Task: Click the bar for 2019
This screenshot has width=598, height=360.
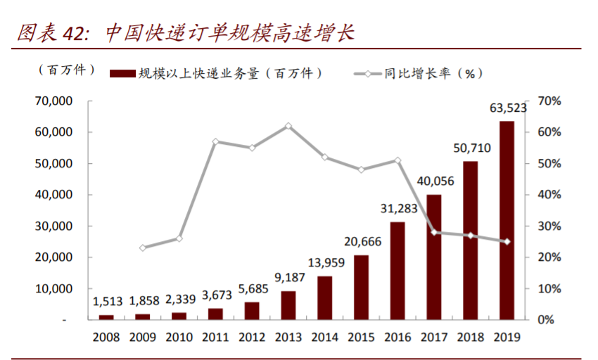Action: (507, 220)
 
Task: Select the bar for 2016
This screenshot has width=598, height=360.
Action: (397, 271)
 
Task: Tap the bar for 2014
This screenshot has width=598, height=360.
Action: (324, 297)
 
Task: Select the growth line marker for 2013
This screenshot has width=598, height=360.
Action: (288, 126)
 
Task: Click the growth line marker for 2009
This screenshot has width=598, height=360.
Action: (143, 247)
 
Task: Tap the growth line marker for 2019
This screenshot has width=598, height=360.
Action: (507, 241)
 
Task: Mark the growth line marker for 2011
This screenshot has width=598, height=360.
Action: (215, 141)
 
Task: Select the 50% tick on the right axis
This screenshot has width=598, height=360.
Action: (549, 164)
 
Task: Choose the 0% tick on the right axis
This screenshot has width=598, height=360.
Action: (546, 320)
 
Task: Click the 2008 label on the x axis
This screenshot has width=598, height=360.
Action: (107, 337)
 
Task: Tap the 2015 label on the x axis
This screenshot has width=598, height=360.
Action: (361, 337)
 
